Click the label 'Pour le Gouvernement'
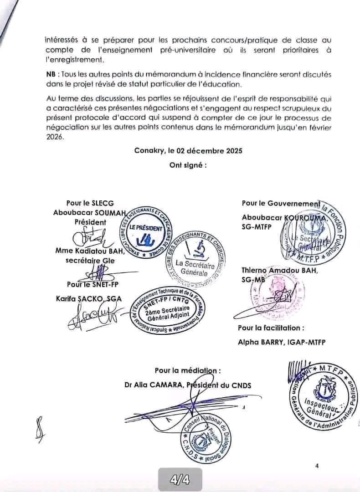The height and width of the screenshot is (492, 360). (x=279, y=203)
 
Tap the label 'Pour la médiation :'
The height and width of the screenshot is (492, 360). (x=188, y=371)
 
